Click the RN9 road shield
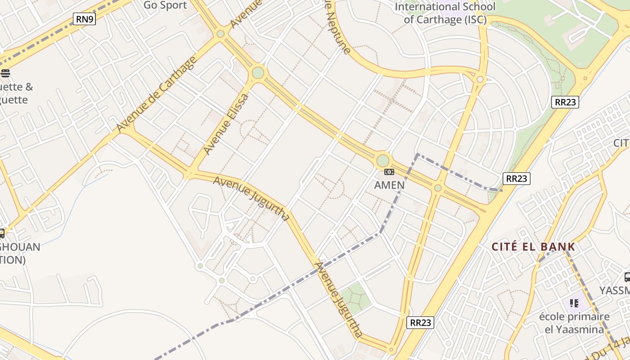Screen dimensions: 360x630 point(85,19)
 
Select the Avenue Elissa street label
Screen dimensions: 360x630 point(226,124)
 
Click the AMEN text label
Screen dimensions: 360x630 point(389,185)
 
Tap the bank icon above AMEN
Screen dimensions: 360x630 point(389,172)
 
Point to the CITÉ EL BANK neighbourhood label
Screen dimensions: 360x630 point(533,247)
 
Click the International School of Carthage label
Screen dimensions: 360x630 point(445,13)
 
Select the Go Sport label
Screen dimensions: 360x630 point(165,5)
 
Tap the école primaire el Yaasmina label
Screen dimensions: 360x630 point(574,323)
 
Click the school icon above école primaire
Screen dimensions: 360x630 point(574,303)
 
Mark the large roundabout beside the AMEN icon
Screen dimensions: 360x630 point(382,161)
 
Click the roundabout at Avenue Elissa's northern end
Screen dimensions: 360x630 point(258,72)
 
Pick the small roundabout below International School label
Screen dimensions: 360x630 point(480,80)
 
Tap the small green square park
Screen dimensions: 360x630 point(355,298)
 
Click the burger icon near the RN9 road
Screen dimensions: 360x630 point(5,73)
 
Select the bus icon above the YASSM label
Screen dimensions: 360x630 point(627,277)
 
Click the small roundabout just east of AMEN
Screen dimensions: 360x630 point(437,188)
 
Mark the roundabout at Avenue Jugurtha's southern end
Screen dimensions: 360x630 point(391,350)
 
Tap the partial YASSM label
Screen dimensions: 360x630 point(615,290)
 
